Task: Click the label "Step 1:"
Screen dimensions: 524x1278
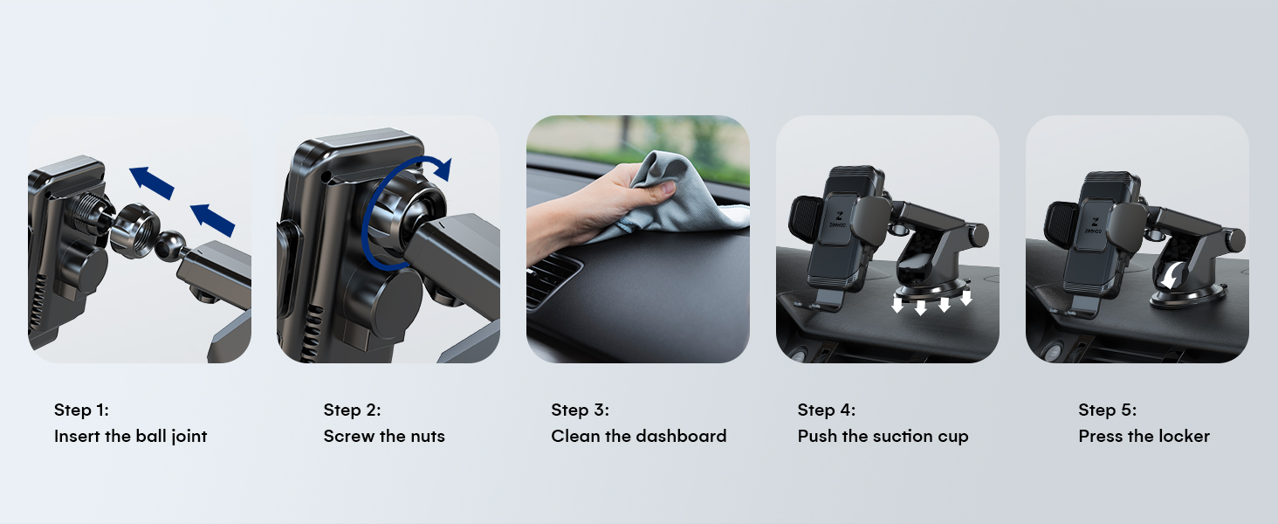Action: [x=81, y=410]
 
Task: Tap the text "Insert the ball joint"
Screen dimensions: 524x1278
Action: [x=130, y=436]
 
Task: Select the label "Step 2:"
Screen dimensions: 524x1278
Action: [x=352, y=410]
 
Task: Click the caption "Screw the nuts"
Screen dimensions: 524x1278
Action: [x=384, y=436]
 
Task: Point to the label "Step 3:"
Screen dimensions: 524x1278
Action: [x=580, y=410]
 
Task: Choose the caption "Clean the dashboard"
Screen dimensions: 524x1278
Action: [x=638, y=436]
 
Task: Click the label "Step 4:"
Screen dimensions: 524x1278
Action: [x=826, y=410]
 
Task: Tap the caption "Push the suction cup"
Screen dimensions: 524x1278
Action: [x=883, y=436]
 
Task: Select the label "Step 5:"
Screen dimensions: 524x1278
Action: [x=1107, y=410]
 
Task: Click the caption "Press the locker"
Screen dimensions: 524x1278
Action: [x=1144, y=436]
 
